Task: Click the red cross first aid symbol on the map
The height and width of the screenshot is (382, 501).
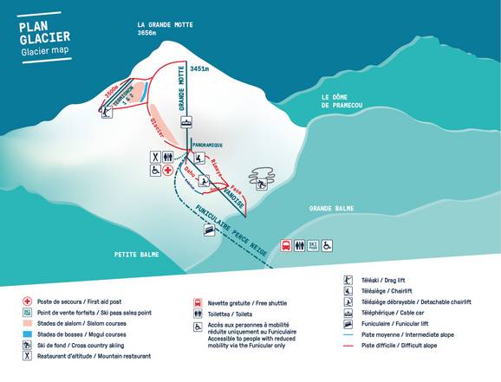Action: click(x=168, y=172)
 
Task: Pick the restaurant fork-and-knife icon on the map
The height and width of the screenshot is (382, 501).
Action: click(x=153, y=157)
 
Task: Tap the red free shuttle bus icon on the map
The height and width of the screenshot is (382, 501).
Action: click(x=286, y=246)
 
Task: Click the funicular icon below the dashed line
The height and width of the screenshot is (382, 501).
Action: click(x=208, y=230)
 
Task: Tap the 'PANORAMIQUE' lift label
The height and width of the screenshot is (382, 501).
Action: click(x=207, y=144)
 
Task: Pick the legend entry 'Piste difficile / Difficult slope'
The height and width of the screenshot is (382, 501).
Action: click(x=400, y=345)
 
